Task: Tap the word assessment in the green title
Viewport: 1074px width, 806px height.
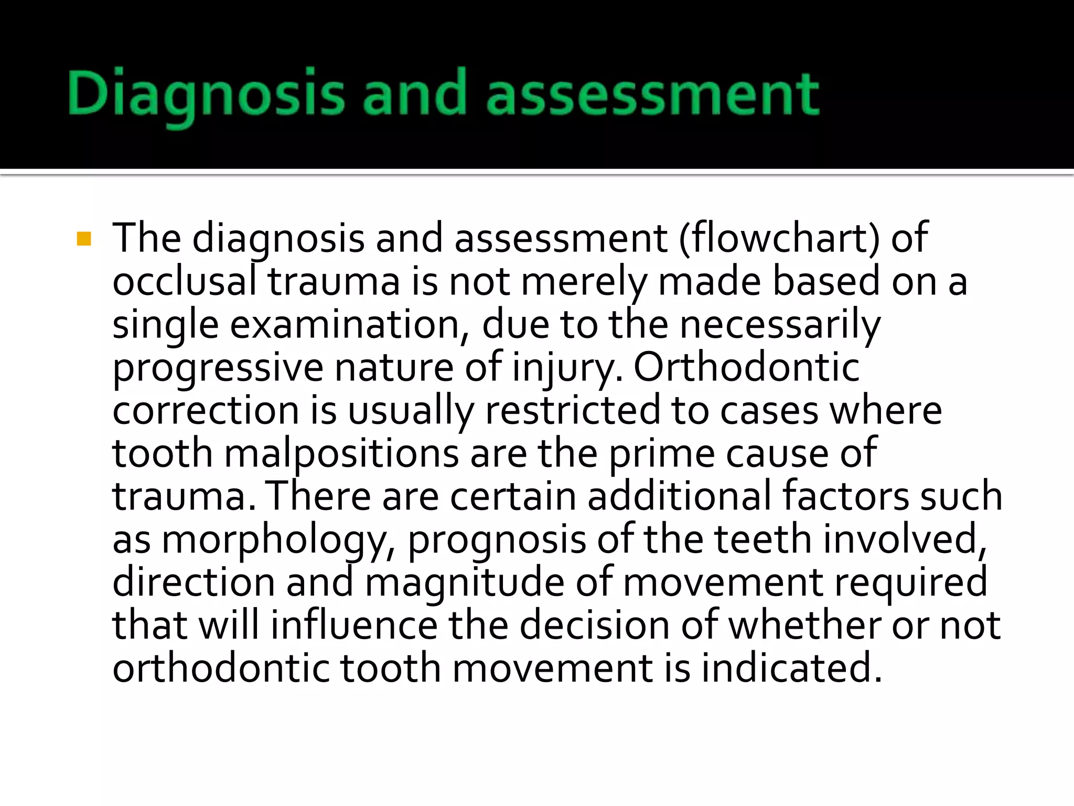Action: tap(652, 94)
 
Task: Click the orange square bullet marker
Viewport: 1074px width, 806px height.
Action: tap(84, 239)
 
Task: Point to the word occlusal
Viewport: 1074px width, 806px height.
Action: tap(184, 281)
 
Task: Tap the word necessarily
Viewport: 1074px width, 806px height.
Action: tap(780, 324)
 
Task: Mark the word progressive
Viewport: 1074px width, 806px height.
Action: tap(218, 367)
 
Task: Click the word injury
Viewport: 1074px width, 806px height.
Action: tap(568, 367)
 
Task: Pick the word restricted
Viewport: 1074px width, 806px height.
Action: tap(572, 410)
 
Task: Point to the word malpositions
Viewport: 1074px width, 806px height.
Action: tap(341, 453)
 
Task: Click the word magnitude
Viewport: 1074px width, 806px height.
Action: tap(465, 582)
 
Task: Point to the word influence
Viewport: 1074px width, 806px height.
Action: tap(353, 625)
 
